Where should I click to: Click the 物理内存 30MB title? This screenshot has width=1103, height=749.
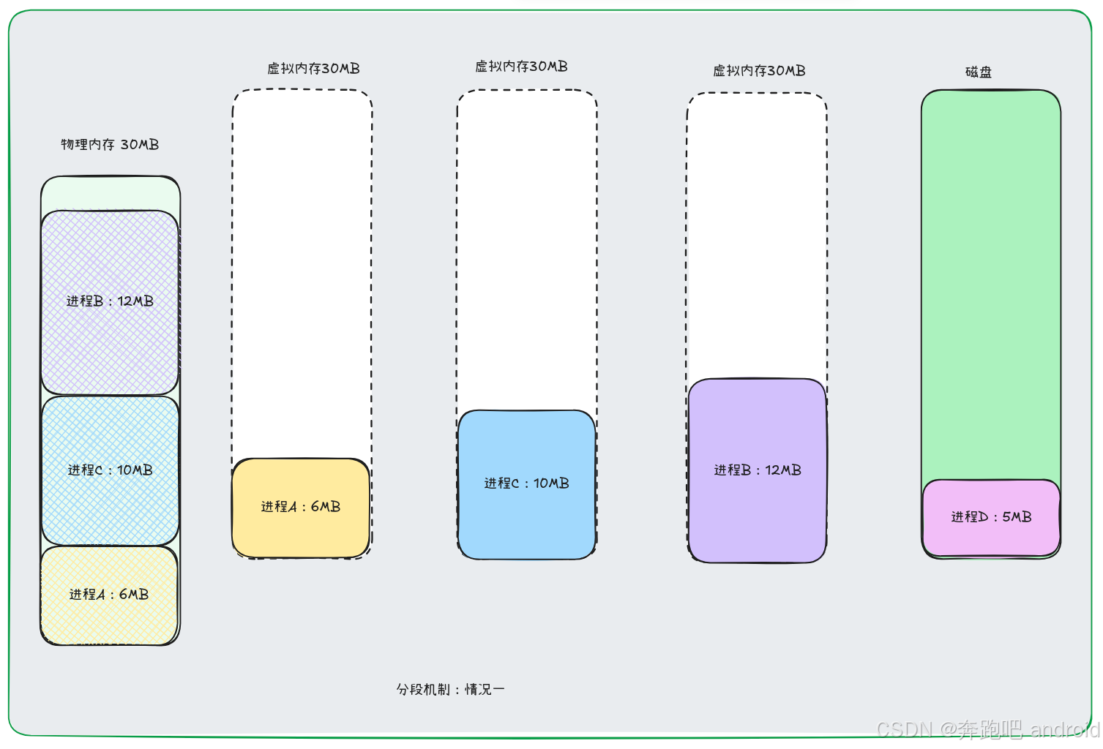110,145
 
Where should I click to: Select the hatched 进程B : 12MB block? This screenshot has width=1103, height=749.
110,301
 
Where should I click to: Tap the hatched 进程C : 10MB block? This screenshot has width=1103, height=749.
110,470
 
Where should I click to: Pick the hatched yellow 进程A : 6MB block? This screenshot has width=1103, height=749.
109,595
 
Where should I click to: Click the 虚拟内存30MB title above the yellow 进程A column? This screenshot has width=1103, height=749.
313,69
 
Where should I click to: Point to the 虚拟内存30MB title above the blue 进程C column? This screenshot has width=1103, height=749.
521,67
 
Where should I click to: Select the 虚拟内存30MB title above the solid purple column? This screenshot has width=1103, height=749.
759,71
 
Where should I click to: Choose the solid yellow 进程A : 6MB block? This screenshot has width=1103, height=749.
301,507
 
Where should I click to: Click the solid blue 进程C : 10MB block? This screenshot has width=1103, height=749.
526,483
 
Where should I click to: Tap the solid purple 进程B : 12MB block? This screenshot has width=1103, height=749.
758,470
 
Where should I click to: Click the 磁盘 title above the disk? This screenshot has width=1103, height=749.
979,72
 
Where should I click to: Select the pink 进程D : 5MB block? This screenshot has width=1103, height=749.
991,517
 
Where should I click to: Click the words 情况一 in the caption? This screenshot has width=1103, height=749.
485,690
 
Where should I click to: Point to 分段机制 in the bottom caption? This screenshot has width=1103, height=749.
423,690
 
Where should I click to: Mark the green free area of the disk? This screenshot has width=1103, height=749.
991,285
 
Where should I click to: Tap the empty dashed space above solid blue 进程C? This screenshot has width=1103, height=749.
527,249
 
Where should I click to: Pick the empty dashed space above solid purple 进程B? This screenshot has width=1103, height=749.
757,234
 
